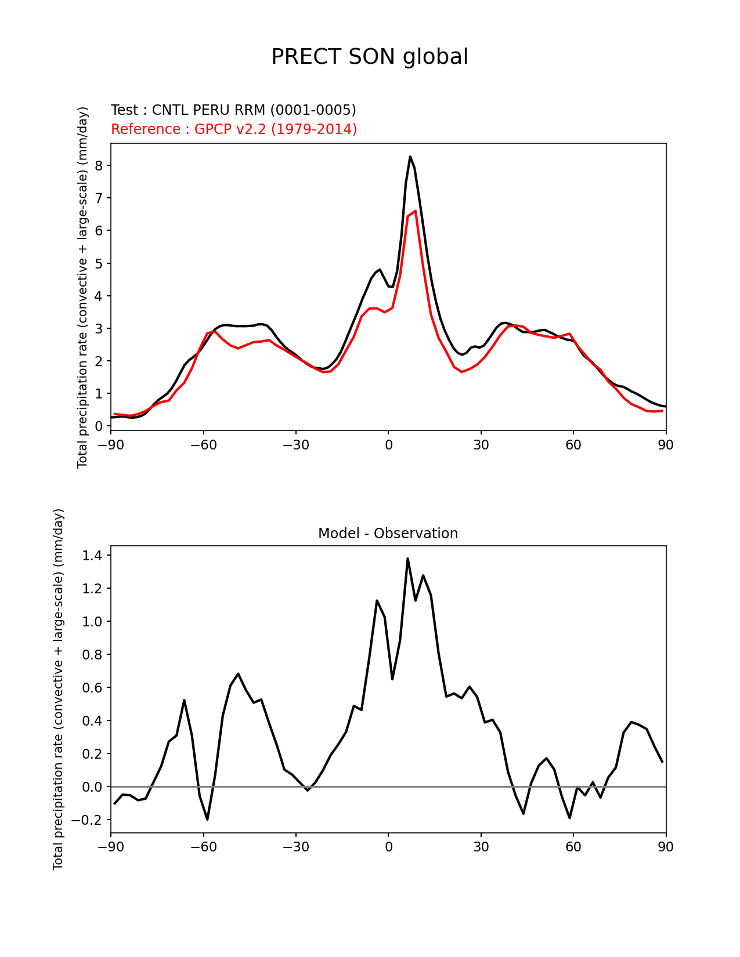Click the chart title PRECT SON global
[x=370, y=57]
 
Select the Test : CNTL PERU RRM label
[x=233, y=110]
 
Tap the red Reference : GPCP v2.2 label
[x=234, y=129]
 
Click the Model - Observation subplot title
[x=388, y=534]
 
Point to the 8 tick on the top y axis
[x=99, y=166]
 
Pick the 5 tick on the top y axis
[x=99, y=264]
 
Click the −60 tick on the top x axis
[x=203, y=445]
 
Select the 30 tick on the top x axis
[x=481, y=445]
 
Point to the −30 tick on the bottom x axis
[x=295, y=847]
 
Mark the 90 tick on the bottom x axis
[x=666, y=847]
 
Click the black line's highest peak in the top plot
[x=410, y=157]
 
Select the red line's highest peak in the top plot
[x=415, y=211]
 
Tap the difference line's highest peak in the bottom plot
[x=407, y=559]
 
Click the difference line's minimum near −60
[x=207, y=819]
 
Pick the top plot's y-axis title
[x=83, y=287]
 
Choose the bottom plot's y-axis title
[x=58, y=689]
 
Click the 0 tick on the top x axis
[x=388, y=445]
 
